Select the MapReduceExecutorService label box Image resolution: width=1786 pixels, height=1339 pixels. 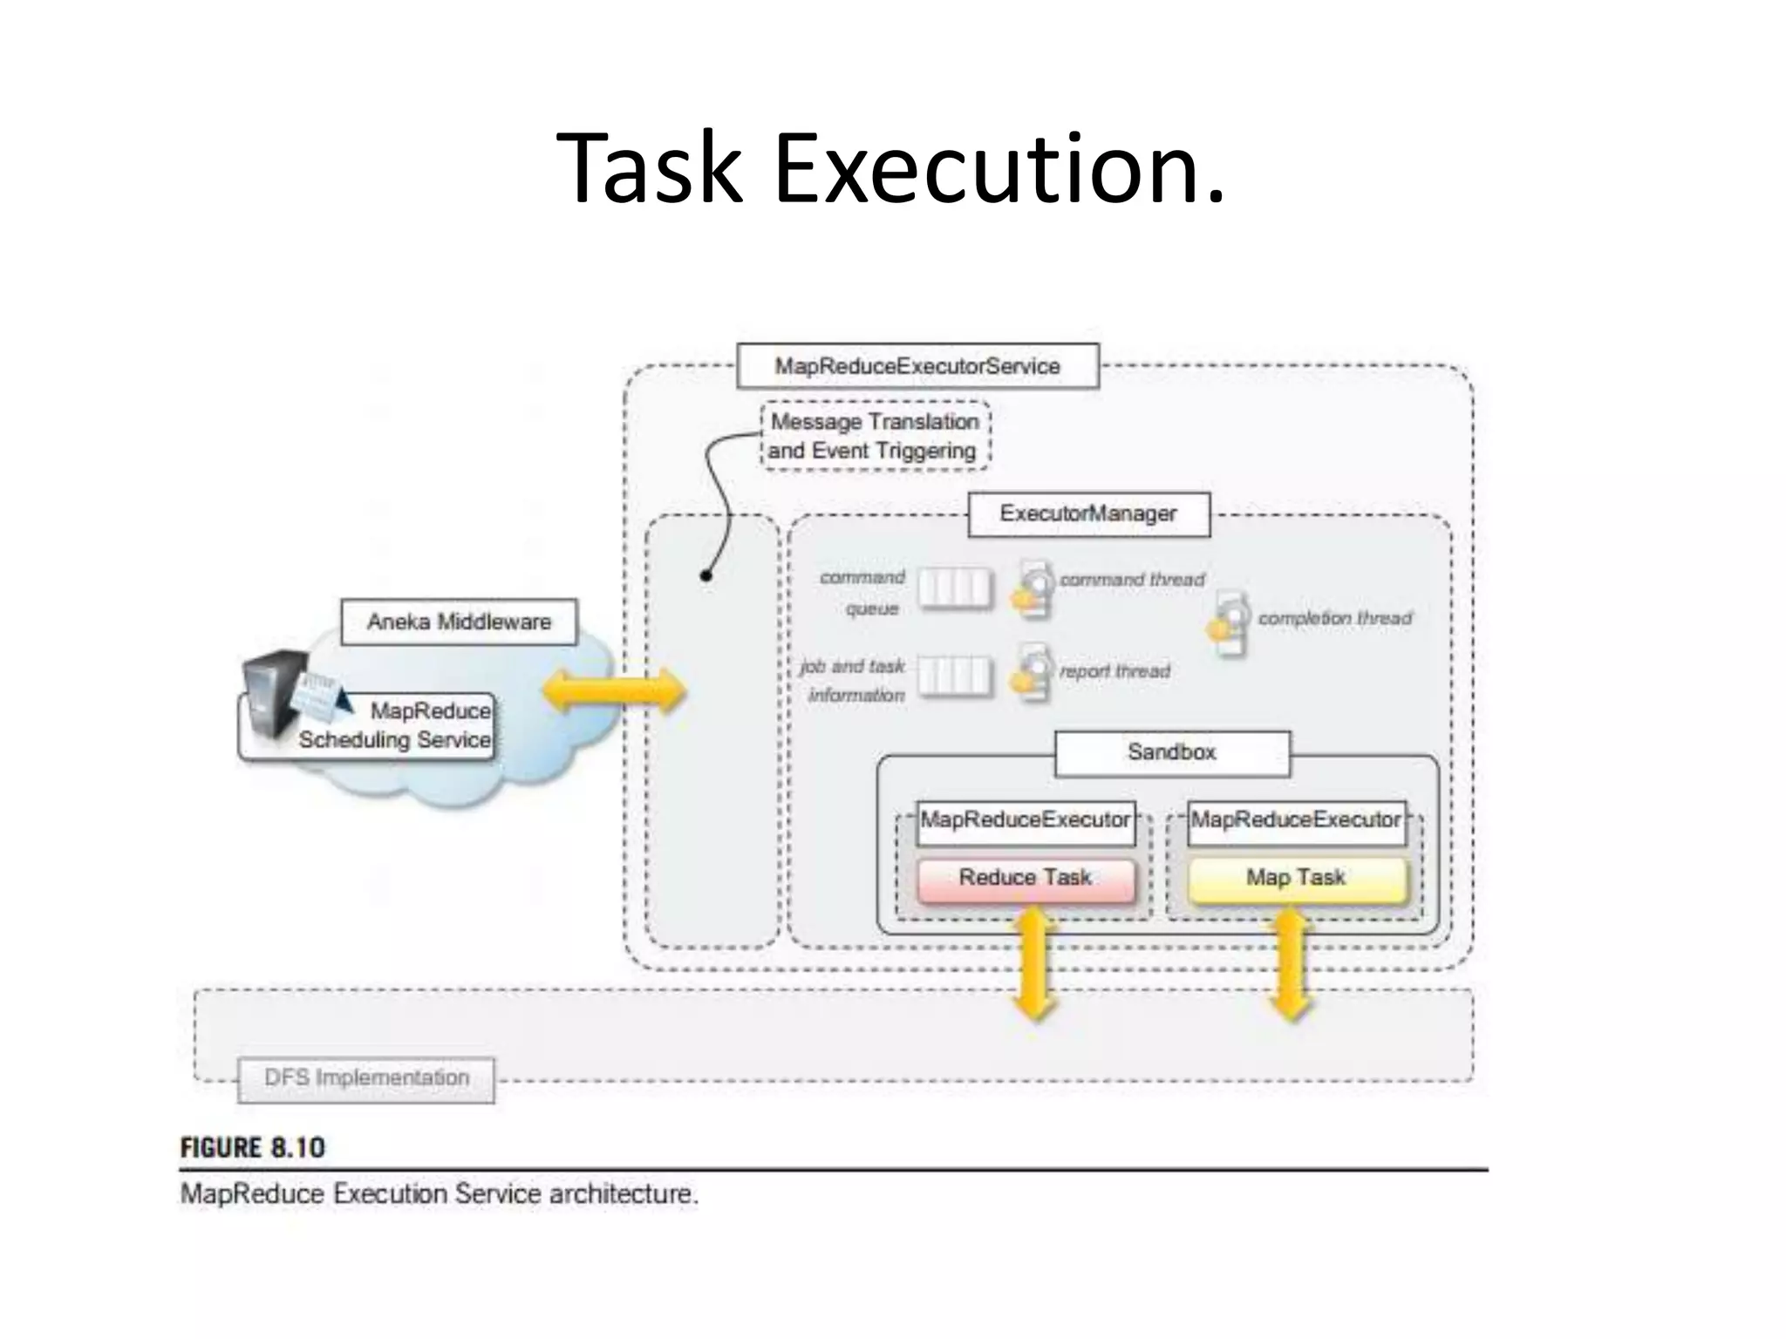coord(917,366)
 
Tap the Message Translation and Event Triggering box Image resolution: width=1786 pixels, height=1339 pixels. coord(875,436)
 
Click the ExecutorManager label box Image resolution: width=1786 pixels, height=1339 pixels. coord(1088,513)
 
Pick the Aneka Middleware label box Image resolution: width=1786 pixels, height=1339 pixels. coord(459,622)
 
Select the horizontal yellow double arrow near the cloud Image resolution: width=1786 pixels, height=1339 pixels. coord(614,691)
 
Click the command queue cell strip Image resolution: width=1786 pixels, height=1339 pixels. coord(955,588)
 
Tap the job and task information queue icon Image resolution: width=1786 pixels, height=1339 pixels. coord(955,676)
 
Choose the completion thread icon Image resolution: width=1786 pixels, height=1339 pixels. coord(1230,623)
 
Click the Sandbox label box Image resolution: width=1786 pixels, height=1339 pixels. coord(1171,752)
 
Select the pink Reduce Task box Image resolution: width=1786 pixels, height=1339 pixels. coord(1026,879)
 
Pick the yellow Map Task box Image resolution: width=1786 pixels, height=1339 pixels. coord(1297,879)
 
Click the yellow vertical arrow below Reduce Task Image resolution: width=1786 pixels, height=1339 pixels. coord(1034,962)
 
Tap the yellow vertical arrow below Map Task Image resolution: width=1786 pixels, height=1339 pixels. coord(1291,962)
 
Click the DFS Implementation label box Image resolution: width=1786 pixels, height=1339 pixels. coord(366,1079)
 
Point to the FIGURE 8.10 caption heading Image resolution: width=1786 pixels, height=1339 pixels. coord(253,1148)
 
